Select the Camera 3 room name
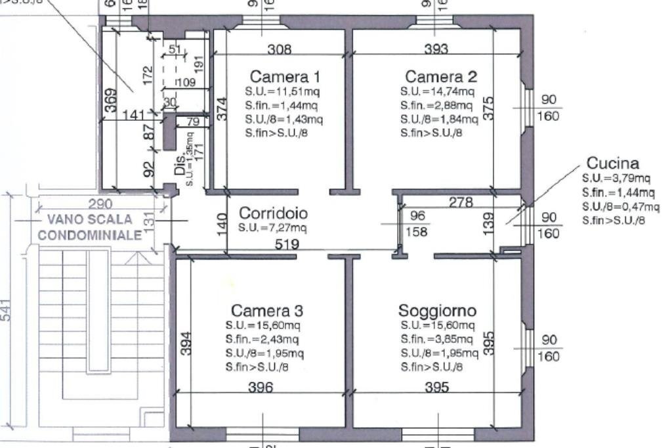click(x=266, y=309)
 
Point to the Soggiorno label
click(x=437, y=309)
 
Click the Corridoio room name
click(x=273, y=213)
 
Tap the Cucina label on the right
click(x=612, y=163)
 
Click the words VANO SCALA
click(x=85, y=219)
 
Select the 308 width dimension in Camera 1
click(x=280, y=49)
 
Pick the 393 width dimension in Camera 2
click(x=436, y=49)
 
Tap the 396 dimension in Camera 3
click(x=260, y=388)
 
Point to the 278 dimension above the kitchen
click(x=461, y=203)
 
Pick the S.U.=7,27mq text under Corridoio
click(x=272, y=228)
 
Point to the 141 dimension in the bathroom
click(x=134, y=116)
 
